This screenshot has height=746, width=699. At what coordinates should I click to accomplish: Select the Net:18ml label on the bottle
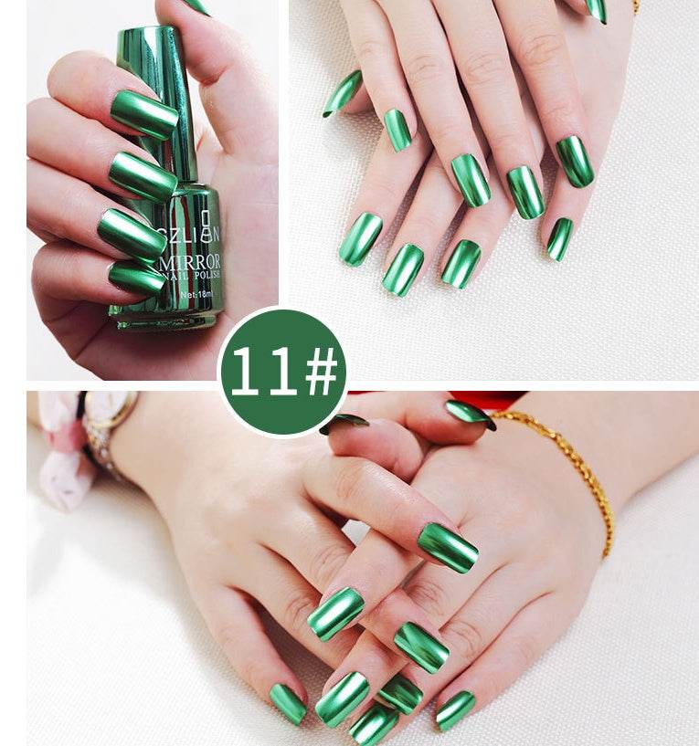[x=196, y=295]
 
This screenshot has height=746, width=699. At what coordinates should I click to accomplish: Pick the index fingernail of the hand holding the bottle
[x=143, y=113]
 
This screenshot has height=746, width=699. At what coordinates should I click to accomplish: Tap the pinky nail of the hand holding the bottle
[x=136, y=277]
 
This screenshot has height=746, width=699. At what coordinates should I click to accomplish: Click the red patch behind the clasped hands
[x=498, y=399]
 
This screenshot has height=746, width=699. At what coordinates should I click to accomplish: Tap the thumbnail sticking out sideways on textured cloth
[x=343, y=93]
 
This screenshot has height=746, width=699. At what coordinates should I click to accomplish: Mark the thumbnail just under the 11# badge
[x=344, y=423]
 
